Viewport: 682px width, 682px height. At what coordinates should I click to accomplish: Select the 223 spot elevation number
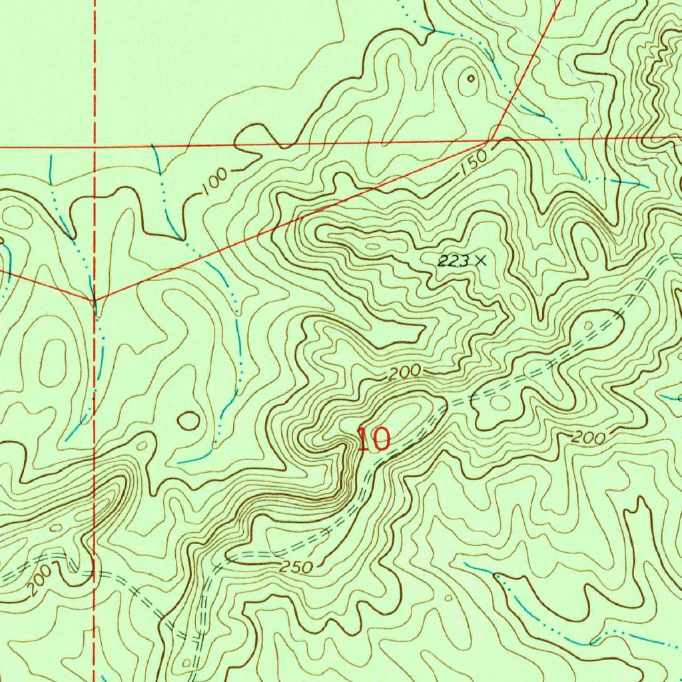click(454, 261)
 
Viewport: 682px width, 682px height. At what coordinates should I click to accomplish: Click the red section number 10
click(373, 440)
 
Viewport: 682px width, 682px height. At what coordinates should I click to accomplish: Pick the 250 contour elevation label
click(296, 567)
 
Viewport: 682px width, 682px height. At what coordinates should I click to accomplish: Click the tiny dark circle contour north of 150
click(471, 79)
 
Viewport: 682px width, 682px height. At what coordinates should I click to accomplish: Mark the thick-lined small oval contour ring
click(188, 420)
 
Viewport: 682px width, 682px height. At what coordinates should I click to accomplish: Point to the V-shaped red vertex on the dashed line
click(95, 300)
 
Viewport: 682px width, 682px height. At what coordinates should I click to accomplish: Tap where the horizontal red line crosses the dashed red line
click(95, 145)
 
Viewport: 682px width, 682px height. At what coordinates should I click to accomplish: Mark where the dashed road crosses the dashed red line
click(94, 571)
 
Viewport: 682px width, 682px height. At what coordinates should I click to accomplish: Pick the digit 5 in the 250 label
click(296, 567)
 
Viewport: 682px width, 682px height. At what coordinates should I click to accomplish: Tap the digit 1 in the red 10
click(363, 440)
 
